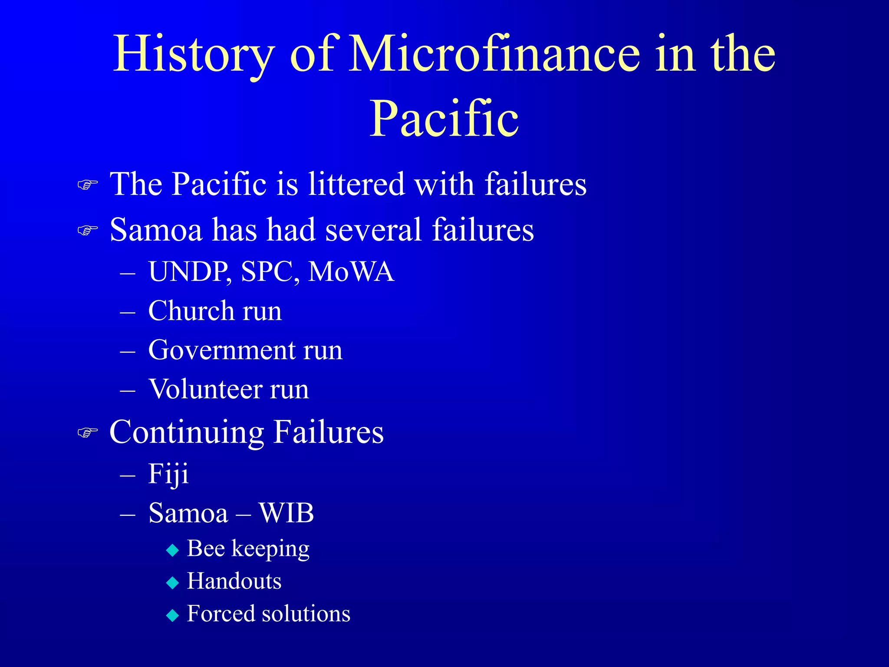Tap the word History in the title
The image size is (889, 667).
pyautogui.click(x=194, y=54)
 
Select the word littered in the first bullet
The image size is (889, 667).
pyautogui.click(x=356, y=184)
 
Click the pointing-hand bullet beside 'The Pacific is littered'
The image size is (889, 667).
pyautogui.click(x=88, y=185)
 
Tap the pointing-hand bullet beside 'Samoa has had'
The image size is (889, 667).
pyautogui.click(x=88, y=231)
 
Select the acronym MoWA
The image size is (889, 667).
pyautogui.click(x=351, y=272)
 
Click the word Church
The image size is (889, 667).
pyautogui.click(x=191, y=311)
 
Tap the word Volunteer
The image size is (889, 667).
pyautogui.click(x=205, y=389)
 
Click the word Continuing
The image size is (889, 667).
pyautogui.click(x=187, y=433)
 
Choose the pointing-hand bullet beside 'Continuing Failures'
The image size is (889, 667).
pyautogui.click(x=88, y=433)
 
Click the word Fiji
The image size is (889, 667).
pyautogui.click(x=168, y=474)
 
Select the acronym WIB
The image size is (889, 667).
pyautogui.click(x=286, y=513)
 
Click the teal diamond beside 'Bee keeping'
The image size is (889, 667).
pyautogui.click(x=173, y=551)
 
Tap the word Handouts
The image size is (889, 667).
pyautogui.click(x=234, y=581)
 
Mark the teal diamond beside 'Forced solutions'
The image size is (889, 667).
pyautogui.click(x=173, y=615)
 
